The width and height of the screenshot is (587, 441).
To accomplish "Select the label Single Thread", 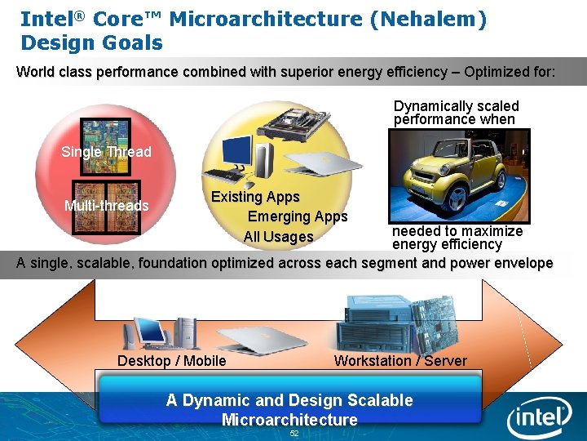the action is pos(106,152).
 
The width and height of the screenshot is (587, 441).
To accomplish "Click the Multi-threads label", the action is pos(106,206).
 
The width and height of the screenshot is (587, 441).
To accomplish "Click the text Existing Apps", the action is pos(255,197).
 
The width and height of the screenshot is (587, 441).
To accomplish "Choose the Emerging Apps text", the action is pos(298,216).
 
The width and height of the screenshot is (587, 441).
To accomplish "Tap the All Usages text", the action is pos(278,237).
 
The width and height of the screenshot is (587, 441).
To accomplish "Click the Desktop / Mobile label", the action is pos(172,361).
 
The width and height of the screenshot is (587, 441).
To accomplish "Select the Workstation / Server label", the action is pos(400,361).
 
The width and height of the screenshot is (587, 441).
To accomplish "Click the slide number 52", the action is pos(294,434).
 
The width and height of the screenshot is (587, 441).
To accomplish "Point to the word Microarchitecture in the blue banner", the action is pos(289,420).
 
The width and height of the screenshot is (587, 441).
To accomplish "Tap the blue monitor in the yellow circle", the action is pos(237,152).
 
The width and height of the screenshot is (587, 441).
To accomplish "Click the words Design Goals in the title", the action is pos(91,43).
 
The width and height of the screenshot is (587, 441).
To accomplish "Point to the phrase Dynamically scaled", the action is pos(456,106).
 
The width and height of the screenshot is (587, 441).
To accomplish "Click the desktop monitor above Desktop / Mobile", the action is pos(149,329).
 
